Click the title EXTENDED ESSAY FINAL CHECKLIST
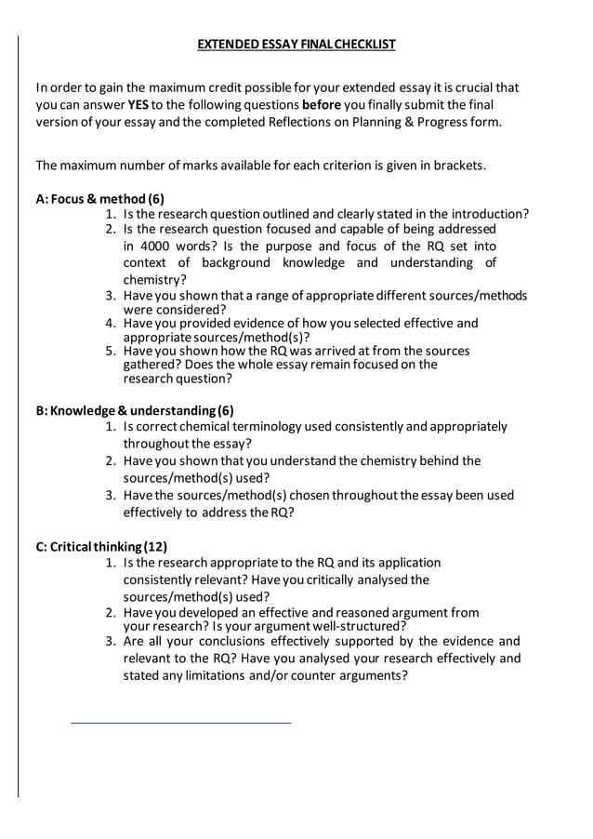pos(296,44)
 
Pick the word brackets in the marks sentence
pos(456,166)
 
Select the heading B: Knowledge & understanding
pos(135,410)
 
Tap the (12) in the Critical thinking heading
pos(155,546)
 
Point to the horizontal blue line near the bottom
pos(181,722)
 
